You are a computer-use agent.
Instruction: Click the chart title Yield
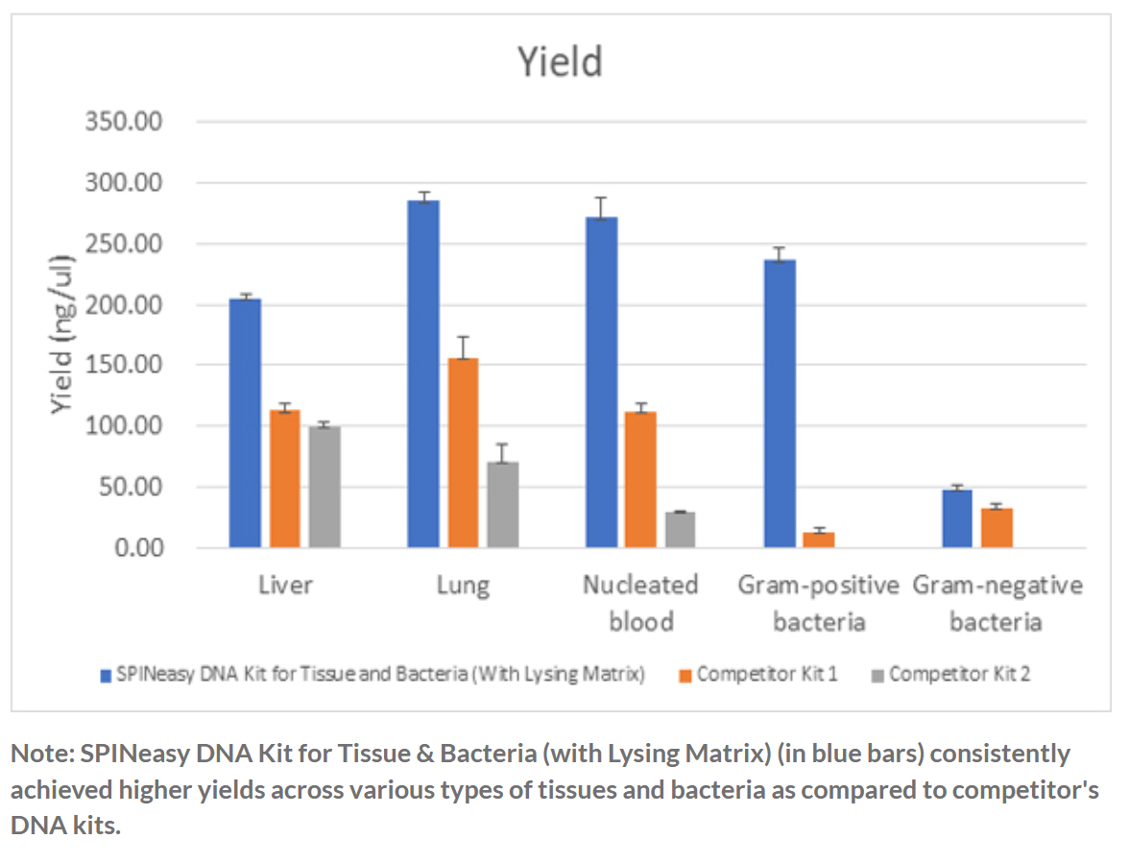(561, 62)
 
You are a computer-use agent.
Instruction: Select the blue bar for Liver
(246, 422)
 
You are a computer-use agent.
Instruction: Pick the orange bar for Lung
(463, 452)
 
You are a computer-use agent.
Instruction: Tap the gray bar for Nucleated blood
(681, 530)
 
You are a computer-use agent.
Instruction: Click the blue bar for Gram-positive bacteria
(780, 403)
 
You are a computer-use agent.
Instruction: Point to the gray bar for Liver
(325, 487)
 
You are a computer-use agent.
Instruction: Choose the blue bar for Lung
(423, 373)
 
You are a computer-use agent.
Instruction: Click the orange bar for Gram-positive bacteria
(819, 539)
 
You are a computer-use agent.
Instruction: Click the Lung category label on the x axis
(463, 585)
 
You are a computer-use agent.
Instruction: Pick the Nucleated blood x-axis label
(640, 603)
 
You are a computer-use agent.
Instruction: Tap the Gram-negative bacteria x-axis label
(997, 603)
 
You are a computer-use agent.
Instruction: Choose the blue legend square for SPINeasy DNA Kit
(106, 675)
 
